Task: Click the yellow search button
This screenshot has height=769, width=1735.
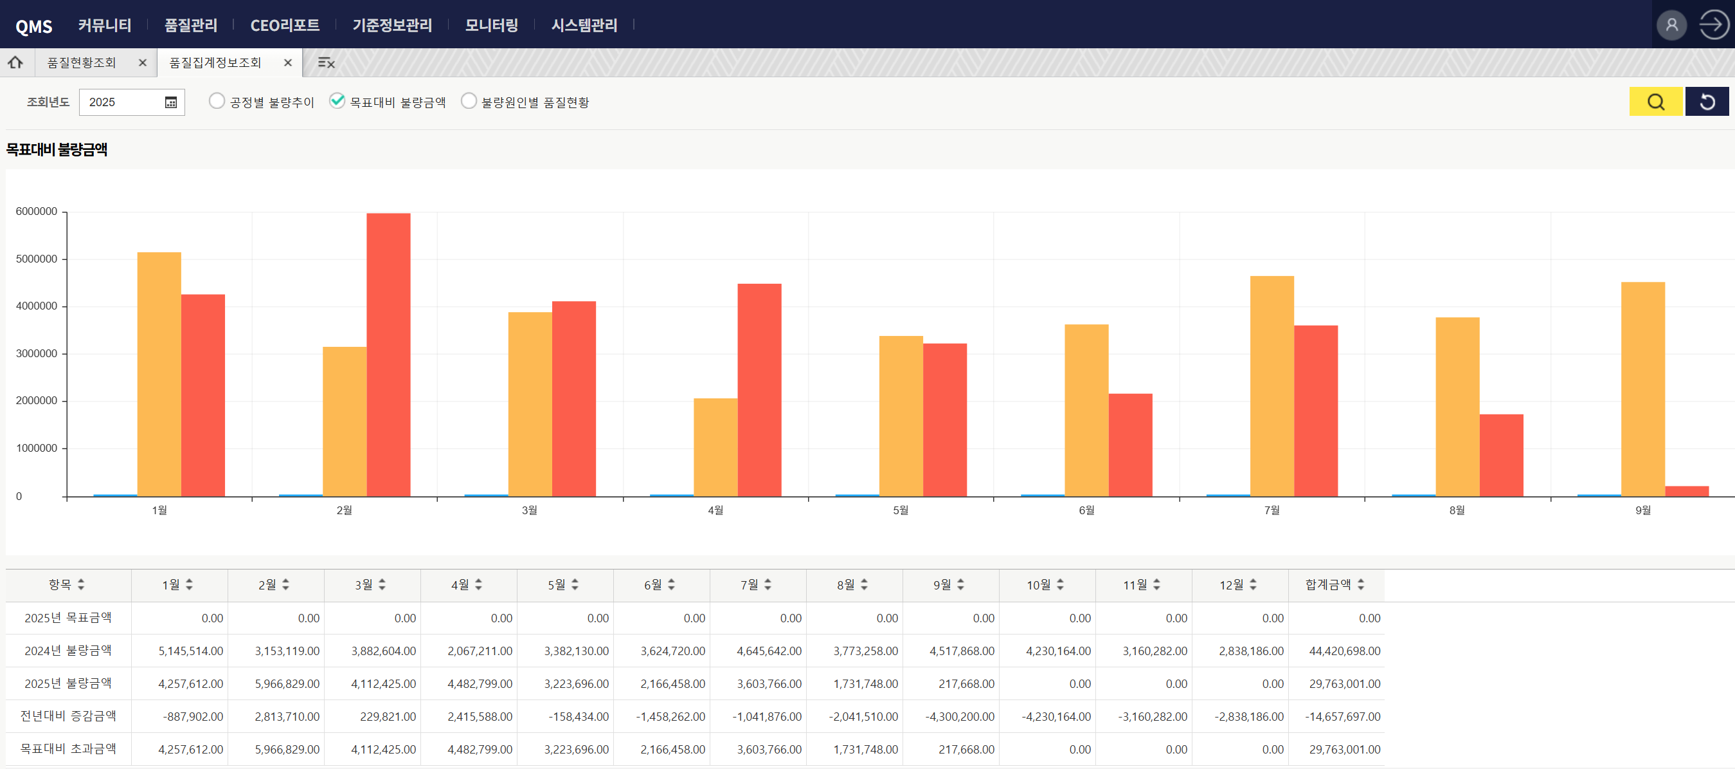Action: point(1655,102)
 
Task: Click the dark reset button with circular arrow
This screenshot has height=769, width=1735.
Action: point(1707,102)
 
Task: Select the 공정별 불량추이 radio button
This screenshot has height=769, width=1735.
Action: point(216,101)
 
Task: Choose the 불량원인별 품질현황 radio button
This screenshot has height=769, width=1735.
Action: point(469,101)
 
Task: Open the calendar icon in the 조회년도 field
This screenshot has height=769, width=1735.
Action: point(171,102)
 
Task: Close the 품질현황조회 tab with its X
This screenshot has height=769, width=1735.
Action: point(142,62)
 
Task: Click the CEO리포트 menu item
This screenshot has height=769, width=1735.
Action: point(285,25)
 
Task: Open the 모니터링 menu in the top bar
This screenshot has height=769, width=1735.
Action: point(492,25)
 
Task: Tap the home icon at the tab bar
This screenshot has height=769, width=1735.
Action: point(15,62)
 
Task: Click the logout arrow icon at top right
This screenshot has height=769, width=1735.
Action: point(1713,25)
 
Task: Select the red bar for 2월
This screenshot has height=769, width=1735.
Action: point(388,355)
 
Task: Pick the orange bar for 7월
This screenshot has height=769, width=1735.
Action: point(1272,385)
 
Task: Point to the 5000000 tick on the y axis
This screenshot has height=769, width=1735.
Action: point(37,259)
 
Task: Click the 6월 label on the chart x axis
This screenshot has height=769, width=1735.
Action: point(1086,510)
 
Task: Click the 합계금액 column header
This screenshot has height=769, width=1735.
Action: point(1327,584)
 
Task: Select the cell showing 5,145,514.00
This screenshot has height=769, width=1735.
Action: point(191,651)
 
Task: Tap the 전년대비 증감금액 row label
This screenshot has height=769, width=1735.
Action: point(68,716)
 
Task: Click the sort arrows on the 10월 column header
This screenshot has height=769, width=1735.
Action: point(1060,585)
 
